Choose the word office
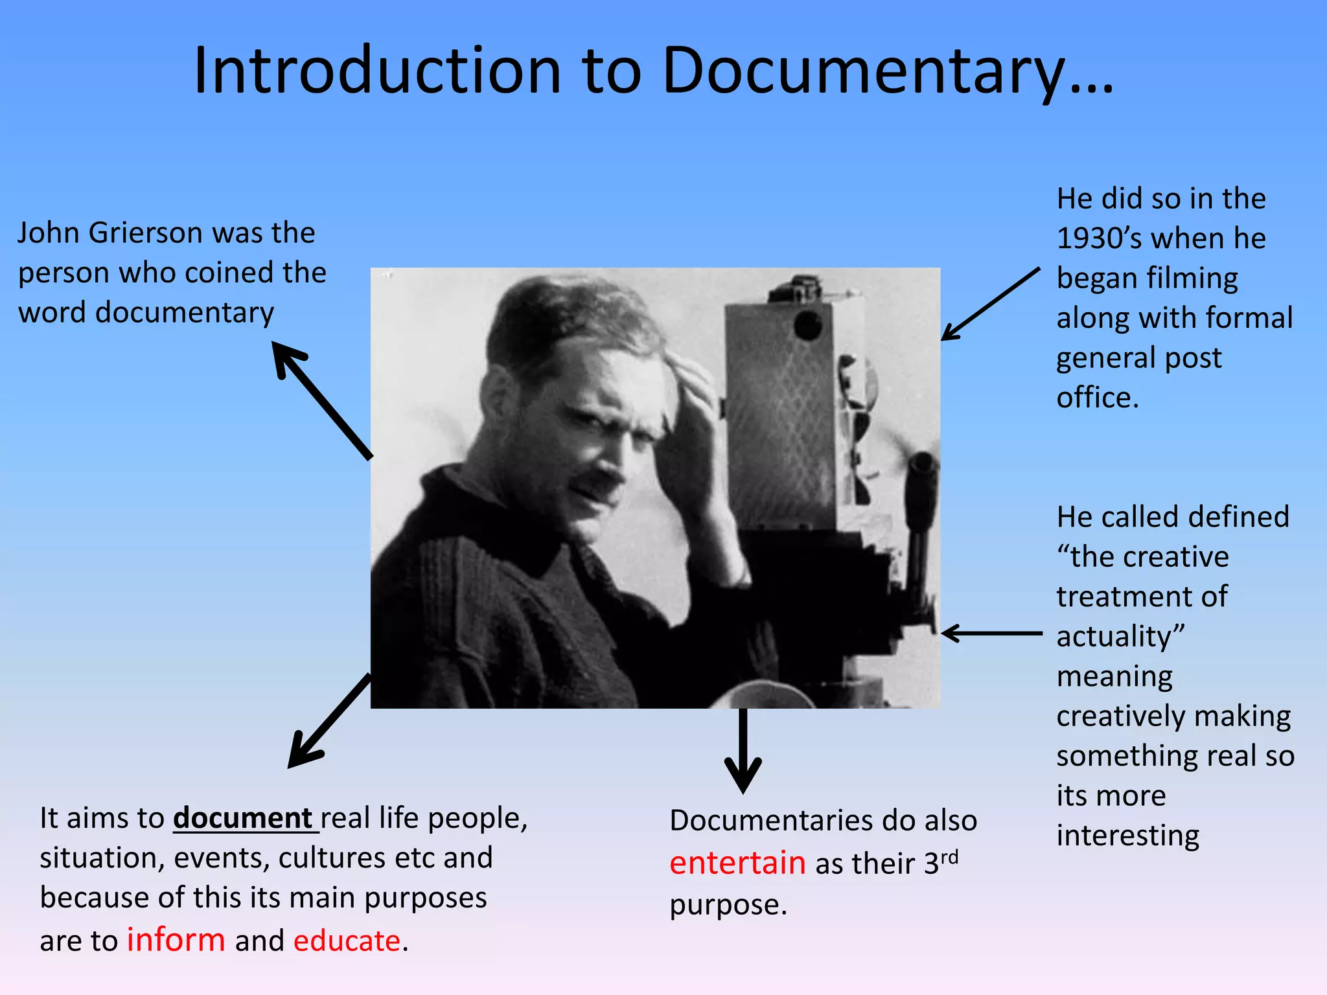tap(1097, 398)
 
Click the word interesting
tap(1127, 836)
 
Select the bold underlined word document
tap(243, 818)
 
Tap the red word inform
tap(176, 940)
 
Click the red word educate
tap(347, 941)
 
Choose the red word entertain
tap(737, 863)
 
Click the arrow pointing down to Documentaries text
tap(743, 751)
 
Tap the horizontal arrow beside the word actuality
tap(991, 633)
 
